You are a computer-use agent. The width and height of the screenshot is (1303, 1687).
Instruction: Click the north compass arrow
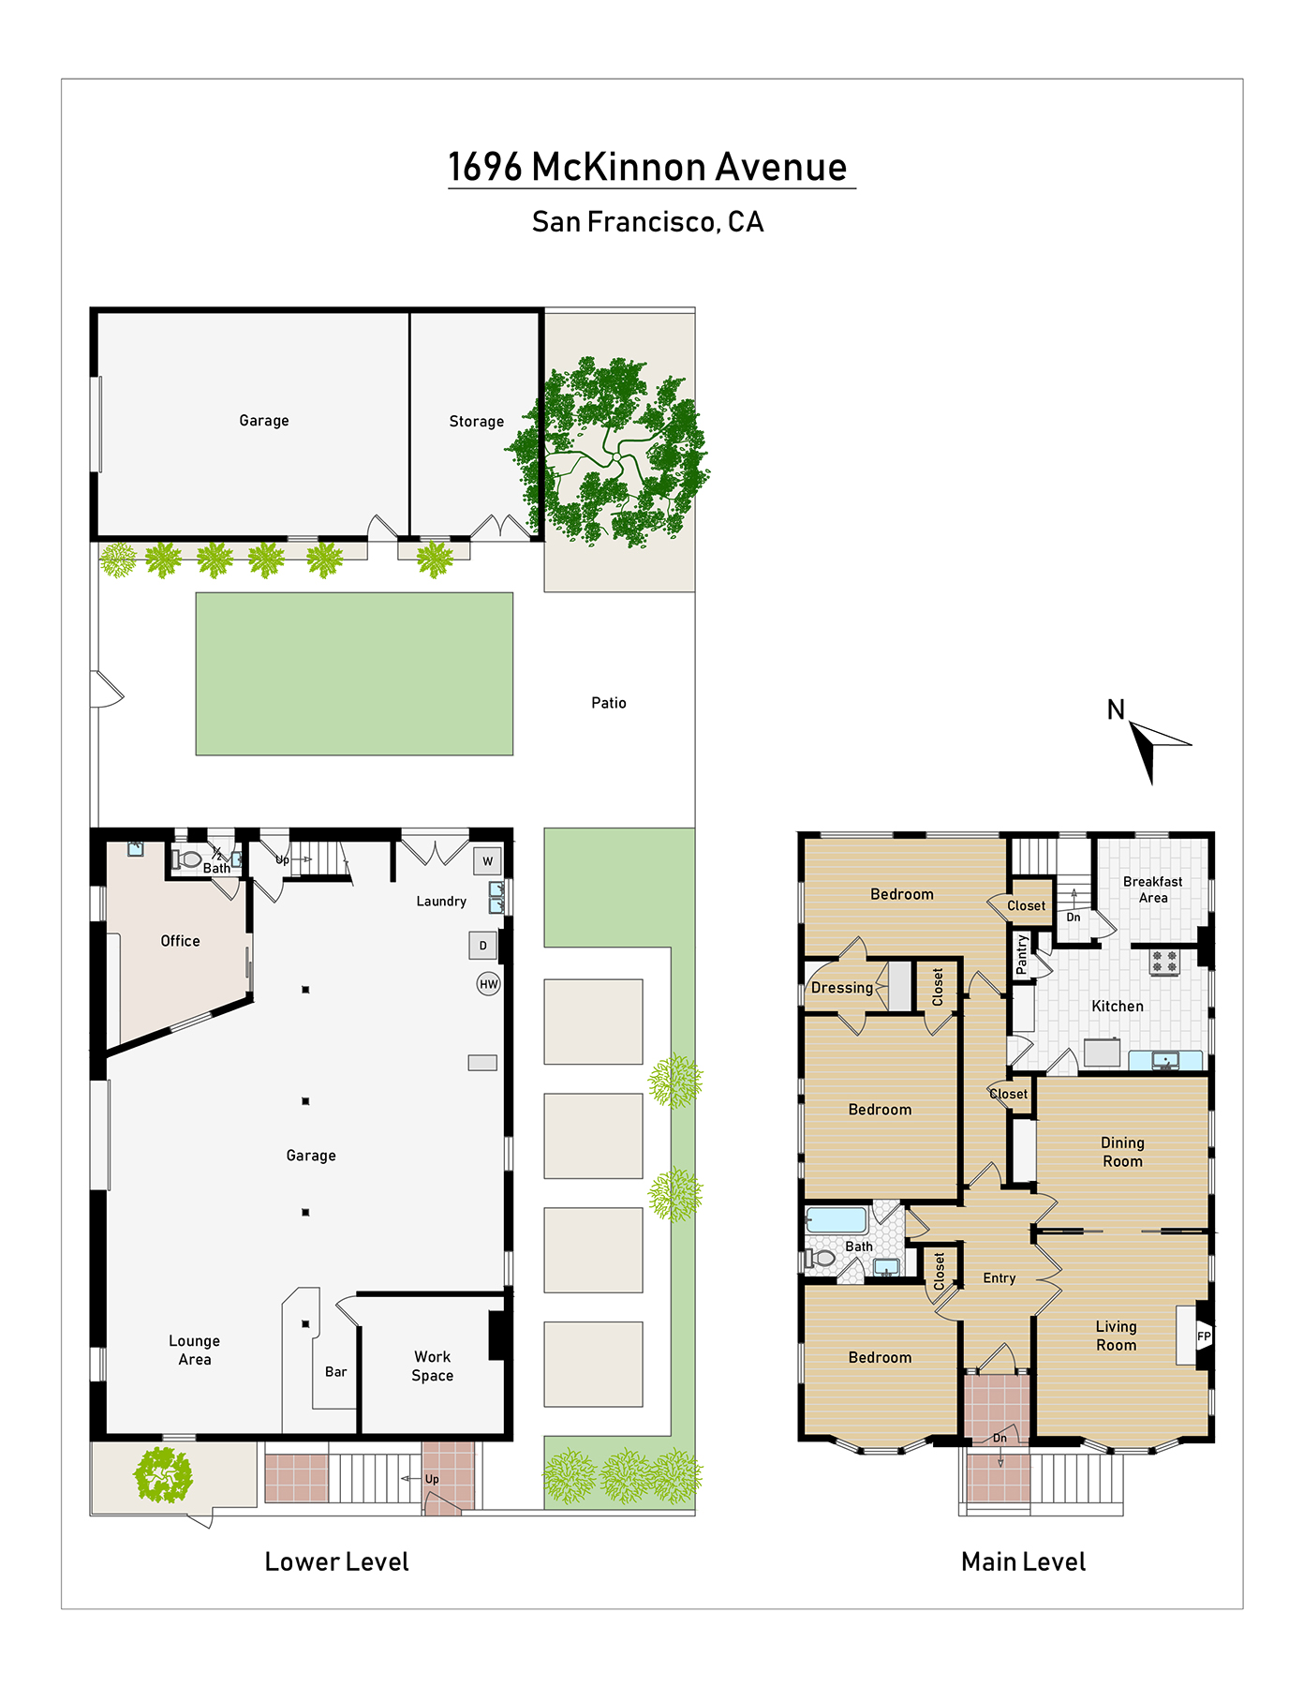1154,747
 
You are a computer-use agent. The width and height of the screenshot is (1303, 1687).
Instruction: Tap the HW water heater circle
489,984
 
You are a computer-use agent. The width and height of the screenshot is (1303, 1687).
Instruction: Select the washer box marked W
487,861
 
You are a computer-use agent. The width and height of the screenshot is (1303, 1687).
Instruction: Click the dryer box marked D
483,946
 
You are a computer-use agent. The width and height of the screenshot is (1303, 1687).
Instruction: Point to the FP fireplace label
1204,1336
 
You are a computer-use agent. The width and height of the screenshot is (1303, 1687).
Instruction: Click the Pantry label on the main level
1022,954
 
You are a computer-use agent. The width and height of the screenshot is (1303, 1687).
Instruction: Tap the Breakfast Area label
1153,889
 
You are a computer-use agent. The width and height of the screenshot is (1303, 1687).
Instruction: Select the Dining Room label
1122,1152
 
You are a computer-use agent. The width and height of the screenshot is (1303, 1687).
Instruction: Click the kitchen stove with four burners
1164,961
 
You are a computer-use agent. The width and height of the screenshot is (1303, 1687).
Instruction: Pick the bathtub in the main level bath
837,1219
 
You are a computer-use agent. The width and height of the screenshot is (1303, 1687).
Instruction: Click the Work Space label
433,1366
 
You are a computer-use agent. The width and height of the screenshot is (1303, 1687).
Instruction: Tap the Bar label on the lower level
336,1372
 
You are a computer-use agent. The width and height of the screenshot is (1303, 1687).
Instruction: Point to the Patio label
609,703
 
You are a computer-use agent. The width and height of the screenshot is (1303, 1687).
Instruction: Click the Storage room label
477,422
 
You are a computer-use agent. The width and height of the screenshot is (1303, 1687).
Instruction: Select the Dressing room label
842,988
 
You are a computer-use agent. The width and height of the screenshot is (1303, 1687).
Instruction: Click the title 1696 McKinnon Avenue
648,167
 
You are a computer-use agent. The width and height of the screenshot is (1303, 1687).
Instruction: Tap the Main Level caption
1024,1562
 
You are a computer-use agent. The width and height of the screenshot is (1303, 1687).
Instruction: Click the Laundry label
441,902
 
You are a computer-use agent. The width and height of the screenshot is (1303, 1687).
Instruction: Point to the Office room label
180,941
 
